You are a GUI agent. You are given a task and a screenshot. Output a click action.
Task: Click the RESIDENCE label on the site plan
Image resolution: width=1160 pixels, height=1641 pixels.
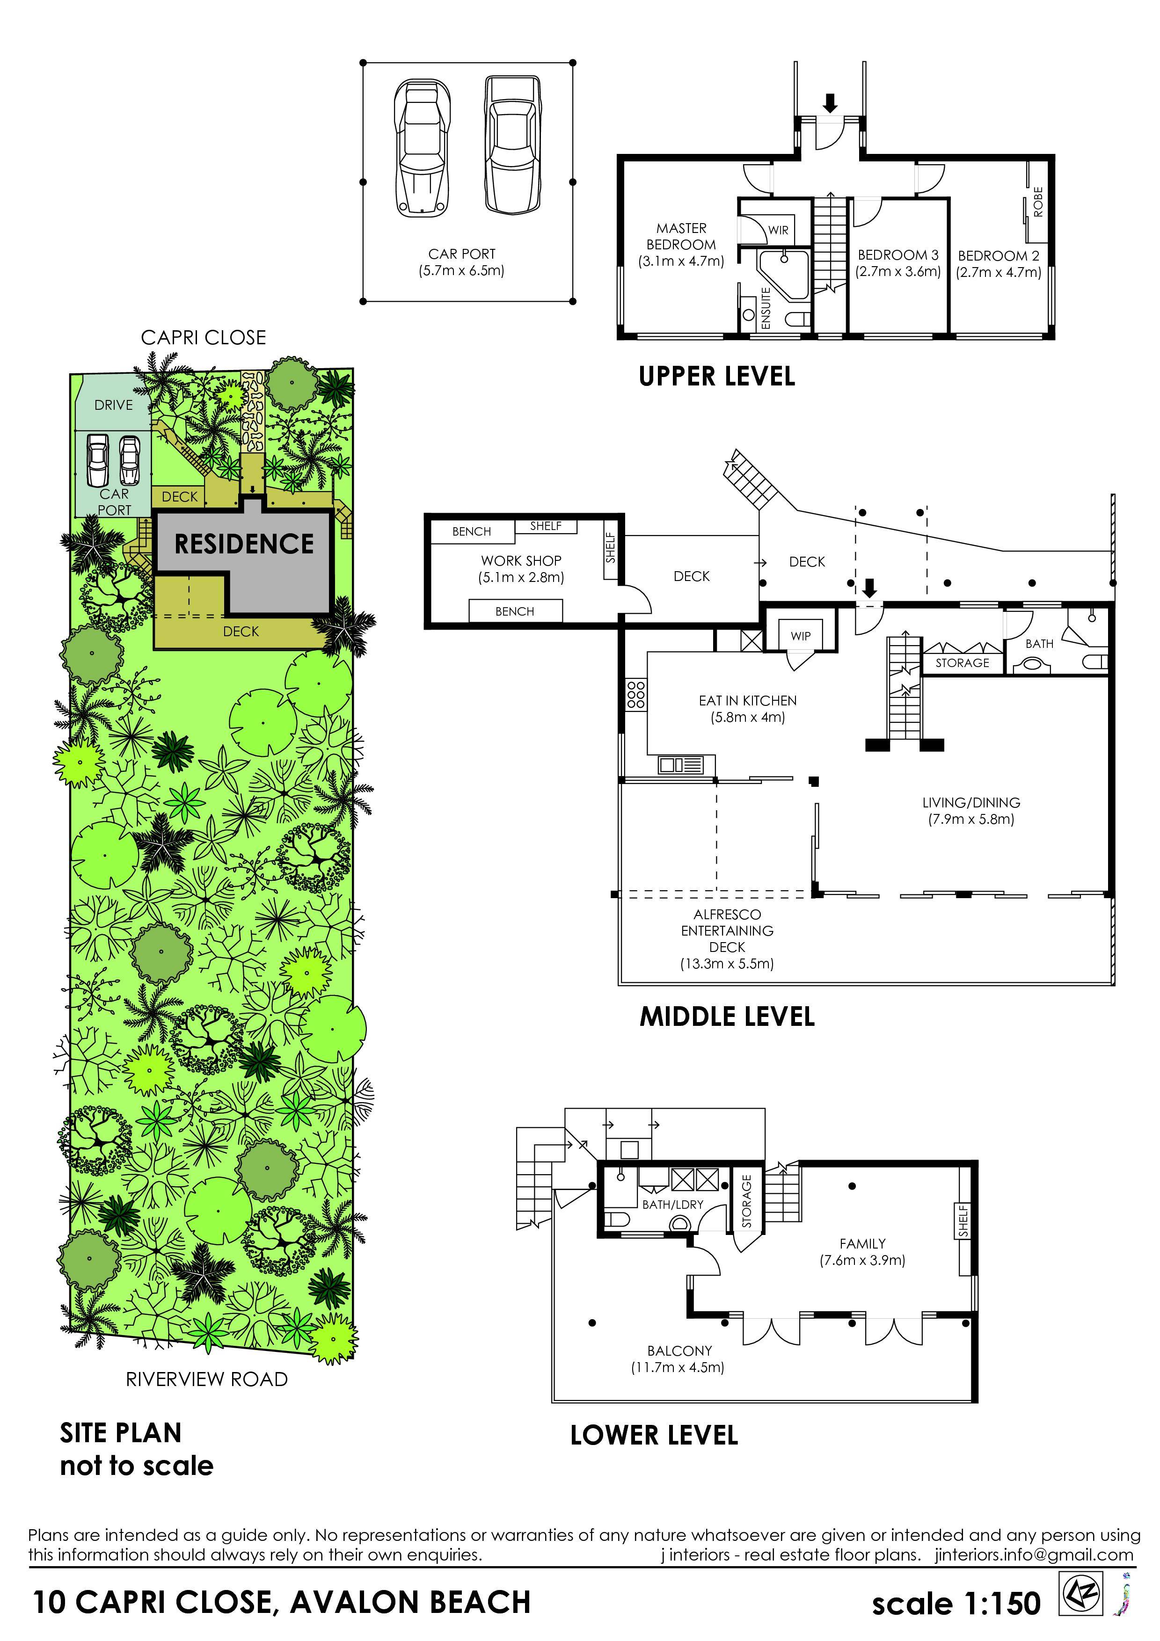[x=244, y=544]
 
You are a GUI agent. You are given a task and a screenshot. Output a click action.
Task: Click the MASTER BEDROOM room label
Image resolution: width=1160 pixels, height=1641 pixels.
[x=681, y=236]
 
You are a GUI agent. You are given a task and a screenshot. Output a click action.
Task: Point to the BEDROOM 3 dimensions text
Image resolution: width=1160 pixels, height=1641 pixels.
[x=897, y=272]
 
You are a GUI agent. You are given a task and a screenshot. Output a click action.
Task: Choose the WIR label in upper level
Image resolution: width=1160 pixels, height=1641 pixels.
[x=778, y=230]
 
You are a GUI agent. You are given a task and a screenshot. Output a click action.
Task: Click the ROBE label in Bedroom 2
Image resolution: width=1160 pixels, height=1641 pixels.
[x=1038, y=202]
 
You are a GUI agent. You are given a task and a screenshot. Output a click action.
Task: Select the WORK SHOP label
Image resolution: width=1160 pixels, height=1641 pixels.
[x=521, y=560]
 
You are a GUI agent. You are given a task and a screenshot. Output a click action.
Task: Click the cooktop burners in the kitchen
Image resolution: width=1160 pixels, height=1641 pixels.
[x=635, y=694]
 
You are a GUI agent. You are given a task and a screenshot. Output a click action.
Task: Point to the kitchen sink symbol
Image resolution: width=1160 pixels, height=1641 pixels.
[x=681, y=765]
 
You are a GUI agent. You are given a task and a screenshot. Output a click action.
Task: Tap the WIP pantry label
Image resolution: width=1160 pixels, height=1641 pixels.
[x=801, y=636]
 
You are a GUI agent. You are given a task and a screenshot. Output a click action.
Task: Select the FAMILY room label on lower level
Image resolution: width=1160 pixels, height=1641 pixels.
[x=863, y=1244]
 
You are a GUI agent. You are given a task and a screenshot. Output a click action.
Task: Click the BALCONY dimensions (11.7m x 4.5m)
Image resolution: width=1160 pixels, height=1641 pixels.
[x=678, y=1367]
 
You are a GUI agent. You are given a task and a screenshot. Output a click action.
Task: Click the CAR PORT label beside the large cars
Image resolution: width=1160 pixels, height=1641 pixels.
[x=462, y=254]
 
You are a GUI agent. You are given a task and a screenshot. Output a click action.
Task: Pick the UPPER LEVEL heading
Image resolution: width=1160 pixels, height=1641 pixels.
[x=717, y=377]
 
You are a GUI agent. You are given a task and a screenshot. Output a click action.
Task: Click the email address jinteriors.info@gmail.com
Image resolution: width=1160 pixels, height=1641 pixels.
[x=1034, y=1554]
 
